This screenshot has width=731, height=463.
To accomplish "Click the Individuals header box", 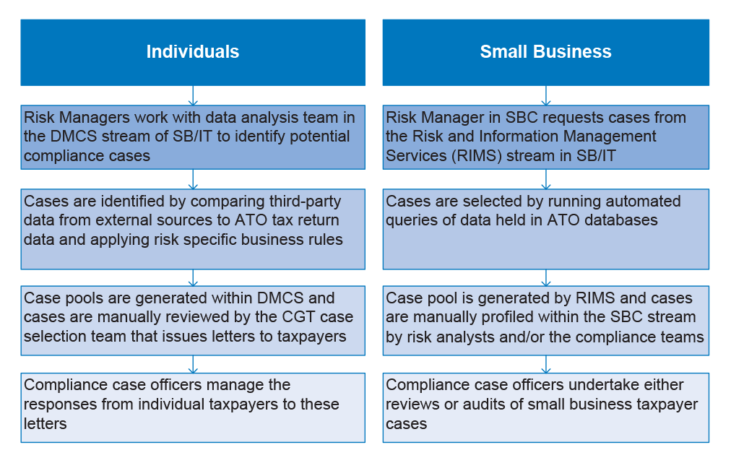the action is [193, 52].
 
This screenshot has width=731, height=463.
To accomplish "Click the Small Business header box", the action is [546, 52].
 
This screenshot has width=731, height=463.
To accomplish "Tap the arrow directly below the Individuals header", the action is [193, 95].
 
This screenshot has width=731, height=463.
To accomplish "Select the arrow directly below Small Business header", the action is [546, 95].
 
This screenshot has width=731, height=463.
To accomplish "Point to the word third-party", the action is [306, 202].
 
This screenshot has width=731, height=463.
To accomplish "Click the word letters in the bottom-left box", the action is [46, 424].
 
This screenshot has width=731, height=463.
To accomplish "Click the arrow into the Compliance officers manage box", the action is [193, 364].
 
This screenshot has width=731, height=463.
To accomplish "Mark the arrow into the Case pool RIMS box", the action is [546, 278].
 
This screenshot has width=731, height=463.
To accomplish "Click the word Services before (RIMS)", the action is [416, 156].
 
